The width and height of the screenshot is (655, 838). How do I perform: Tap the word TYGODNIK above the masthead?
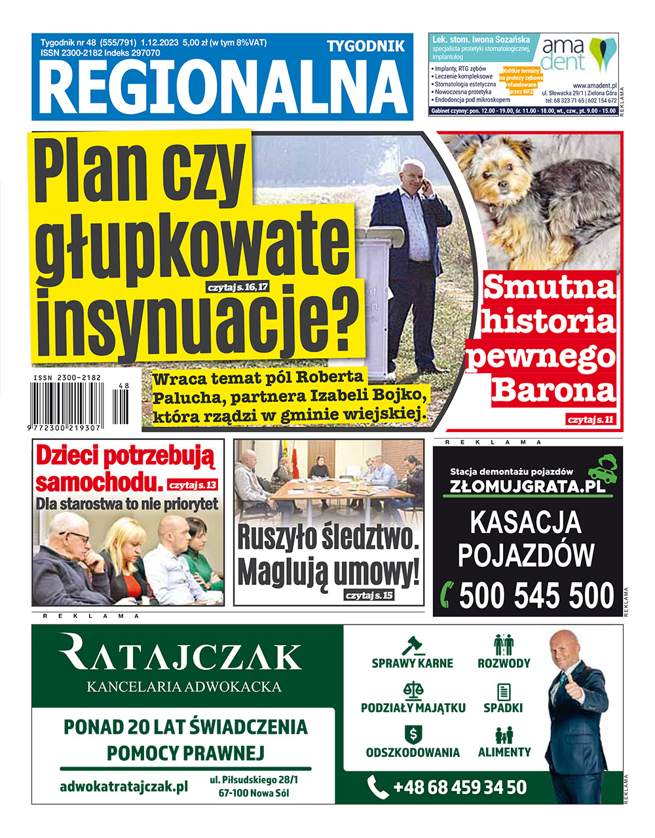pos(365,46)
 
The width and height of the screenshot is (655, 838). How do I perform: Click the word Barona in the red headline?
pos(553,390)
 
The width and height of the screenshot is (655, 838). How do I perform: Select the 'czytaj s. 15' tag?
pos(369,595)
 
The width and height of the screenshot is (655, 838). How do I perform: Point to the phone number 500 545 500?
pos(536,596)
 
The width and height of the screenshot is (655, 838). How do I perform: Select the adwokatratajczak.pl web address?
pos(124,786)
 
